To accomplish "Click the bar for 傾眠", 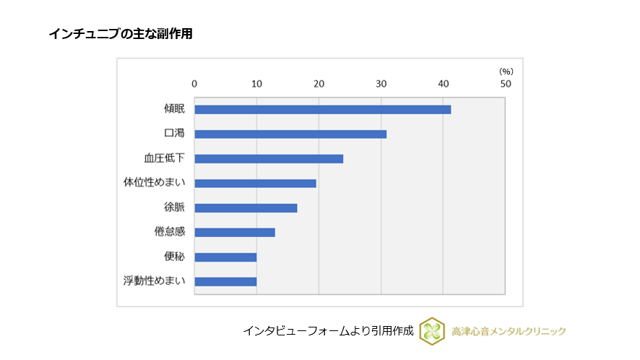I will (322, 109).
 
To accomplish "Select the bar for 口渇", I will (290, 134).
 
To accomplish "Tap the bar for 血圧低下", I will (269, 158).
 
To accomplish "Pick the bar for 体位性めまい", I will (255, 183).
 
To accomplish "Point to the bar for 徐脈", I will (246, 208).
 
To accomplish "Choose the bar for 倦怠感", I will (235, 233).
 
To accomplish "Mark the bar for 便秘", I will (225, 257).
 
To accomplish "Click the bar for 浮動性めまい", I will (225, 282).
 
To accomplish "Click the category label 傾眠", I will (174, 109).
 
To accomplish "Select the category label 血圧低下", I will (164, 158).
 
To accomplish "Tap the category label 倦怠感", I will (170, 233).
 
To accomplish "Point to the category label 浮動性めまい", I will (155, 282).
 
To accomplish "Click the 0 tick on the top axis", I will (194, 84).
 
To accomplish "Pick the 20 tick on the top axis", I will (319, 84).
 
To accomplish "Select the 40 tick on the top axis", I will (443, 84).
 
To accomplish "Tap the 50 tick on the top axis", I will (505, 84).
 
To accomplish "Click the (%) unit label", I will (506, 71).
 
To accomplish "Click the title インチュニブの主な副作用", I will (121, 34).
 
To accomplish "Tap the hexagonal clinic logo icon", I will (431, 331).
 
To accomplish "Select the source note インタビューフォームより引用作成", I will (328, 331).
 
